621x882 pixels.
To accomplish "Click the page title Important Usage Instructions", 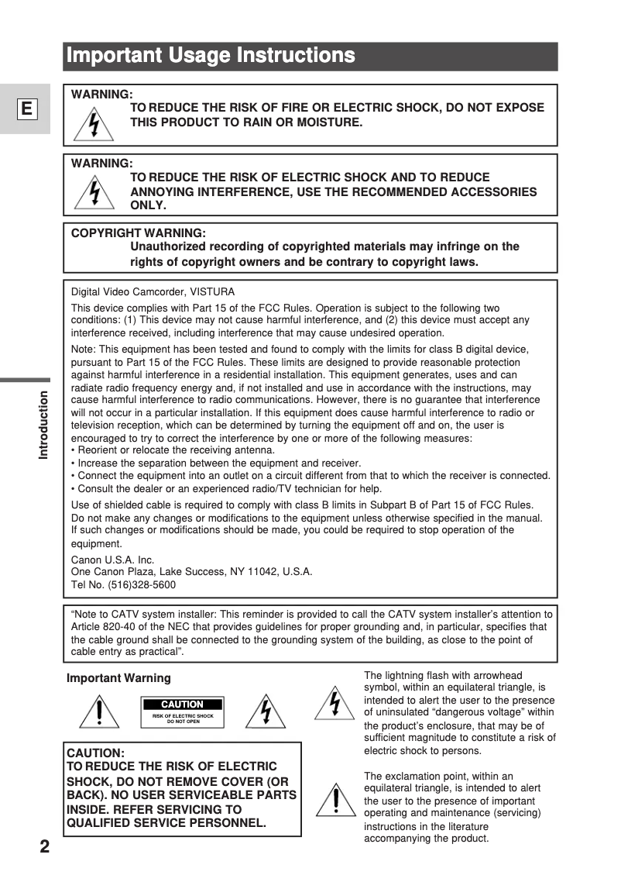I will pos(211,56).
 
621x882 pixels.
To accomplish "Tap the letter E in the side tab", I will pos(26,109).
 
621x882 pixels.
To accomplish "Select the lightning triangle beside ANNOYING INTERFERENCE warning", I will pos(94,192).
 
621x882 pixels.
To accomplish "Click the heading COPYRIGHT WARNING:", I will pos(139,233).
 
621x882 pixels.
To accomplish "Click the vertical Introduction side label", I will pos(43,425).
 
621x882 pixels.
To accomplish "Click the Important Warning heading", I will pos(118,678).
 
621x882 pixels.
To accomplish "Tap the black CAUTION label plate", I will pos(182,705).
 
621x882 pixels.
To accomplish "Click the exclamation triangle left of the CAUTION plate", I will pos(99,711).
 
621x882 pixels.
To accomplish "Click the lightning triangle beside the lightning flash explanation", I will pos(335,703).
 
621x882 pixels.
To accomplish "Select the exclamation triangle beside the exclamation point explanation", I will pos(335,800).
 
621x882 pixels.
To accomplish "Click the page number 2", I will pos(45,846).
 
